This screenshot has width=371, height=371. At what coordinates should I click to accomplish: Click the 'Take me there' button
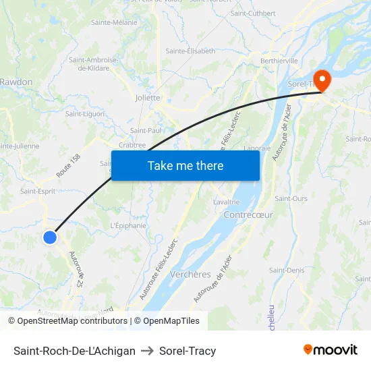tap(185, 165)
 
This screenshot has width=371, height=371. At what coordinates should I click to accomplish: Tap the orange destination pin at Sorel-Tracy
tap(322, 81)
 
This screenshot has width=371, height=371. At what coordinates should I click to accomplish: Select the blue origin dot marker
tap(50, 237)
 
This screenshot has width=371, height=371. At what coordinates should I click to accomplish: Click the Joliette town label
tap(148, 97)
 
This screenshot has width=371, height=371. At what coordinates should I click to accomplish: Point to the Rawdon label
tap(17, 82)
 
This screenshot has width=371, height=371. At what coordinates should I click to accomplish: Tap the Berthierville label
tap(280, 60)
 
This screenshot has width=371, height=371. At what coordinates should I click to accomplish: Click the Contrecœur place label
tap(248, 215)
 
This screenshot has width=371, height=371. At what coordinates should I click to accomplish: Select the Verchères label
tap(190, 275)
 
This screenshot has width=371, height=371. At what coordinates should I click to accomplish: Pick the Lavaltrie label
tap(226, 202)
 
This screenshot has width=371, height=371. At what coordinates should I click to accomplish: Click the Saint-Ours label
tap(291, 198)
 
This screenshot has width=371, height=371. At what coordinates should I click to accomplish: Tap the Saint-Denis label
tap(286, 270)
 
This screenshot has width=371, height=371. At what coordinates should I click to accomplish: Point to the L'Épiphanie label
tap(127, 225)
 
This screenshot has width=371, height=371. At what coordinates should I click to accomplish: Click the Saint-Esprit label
tap(37, 191)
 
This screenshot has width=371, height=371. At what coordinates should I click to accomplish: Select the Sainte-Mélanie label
tap(114, 22)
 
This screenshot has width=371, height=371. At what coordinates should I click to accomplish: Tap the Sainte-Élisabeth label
tap(190, 51)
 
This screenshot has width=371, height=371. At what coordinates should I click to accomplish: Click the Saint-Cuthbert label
tap(253, 13)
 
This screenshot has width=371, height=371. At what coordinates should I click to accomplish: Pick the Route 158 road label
tap(69, 166)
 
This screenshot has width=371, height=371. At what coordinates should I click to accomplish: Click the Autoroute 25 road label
tap(76, 270)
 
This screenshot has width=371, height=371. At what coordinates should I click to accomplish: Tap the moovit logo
tap(331, 349)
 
